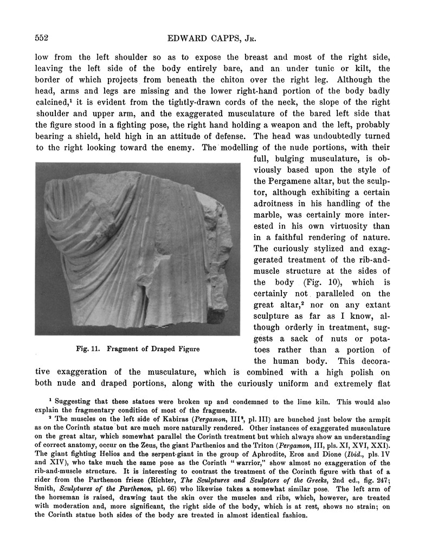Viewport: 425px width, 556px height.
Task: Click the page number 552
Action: click(x=42, y=38)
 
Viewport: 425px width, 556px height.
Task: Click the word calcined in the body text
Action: click(x=53, y=103)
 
